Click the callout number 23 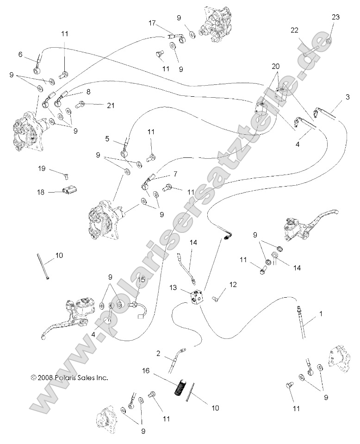click(x=335, y=17)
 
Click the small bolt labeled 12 click(x=216, y=299)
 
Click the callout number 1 click(x=320, y=313)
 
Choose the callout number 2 click(x=158, y=354)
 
